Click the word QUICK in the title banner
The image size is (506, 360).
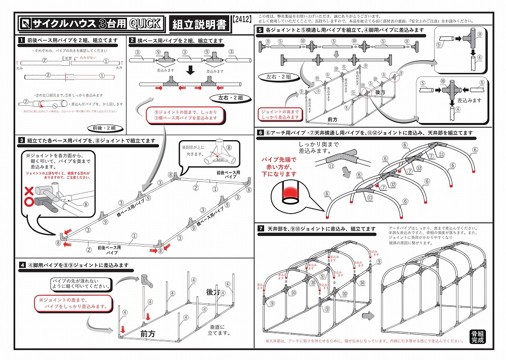coord(145,23)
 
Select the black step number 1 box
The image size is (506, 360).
coord(22,40)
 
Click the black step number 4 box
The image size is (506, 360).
coord(22,265)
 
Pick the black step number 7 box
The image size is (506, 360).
coord(261,229)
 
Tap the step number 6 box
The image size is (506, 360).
coord(261,133)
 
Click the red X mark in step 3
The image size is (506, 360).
coord(29,191)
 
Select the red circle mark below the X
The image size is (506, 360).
coord(29,202)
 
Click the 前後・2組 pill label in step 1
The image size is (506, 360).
coord(104,128)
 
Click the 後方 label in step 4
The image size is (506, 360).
coord(214,293)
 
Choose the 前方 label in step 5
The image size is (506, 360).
coord(333,119)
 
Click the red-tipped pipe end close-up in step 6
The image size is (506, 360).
coord(290,194)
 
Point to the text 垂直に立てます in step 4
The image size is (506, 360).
coord(219,330)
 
